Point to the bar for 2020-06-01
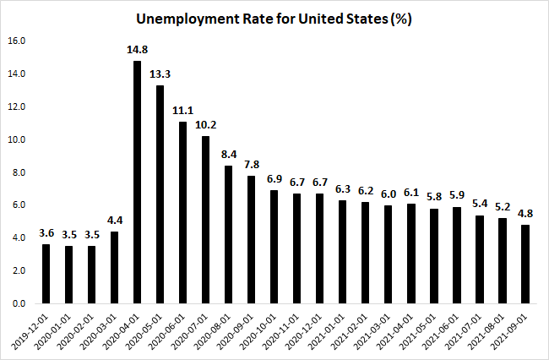point(182,212)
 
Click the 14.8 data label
point(137,49)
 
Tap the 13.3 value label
point(160,74)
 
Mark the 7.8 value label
point(251,164)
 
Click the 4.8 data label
point(526,213)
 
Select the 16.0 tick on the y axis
point(17,41)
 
